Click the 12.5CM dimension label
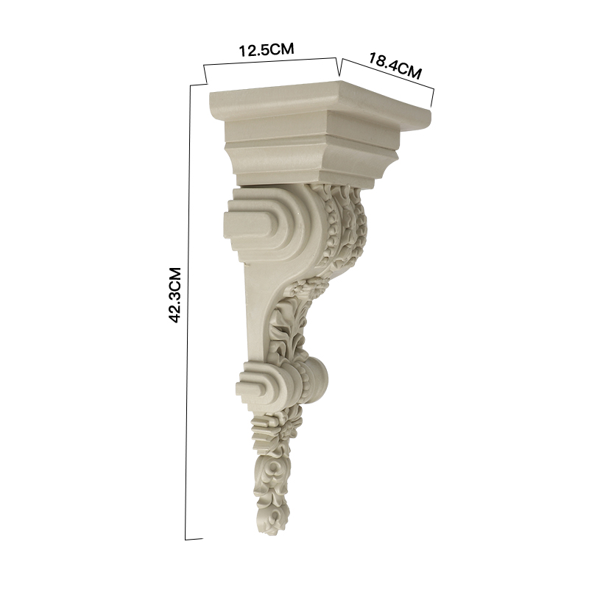[x=267, y=49]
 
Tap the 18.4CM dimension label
[x=395, y=66]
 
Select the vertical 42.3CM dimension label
[x=175, y=295]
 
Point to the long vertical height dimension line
[x=189, y=311]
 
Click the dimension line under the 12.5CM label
[x=269, y=62]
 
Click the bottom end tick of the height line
[x=194, y=539]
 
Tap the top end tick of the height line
[x=199, y=84]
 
